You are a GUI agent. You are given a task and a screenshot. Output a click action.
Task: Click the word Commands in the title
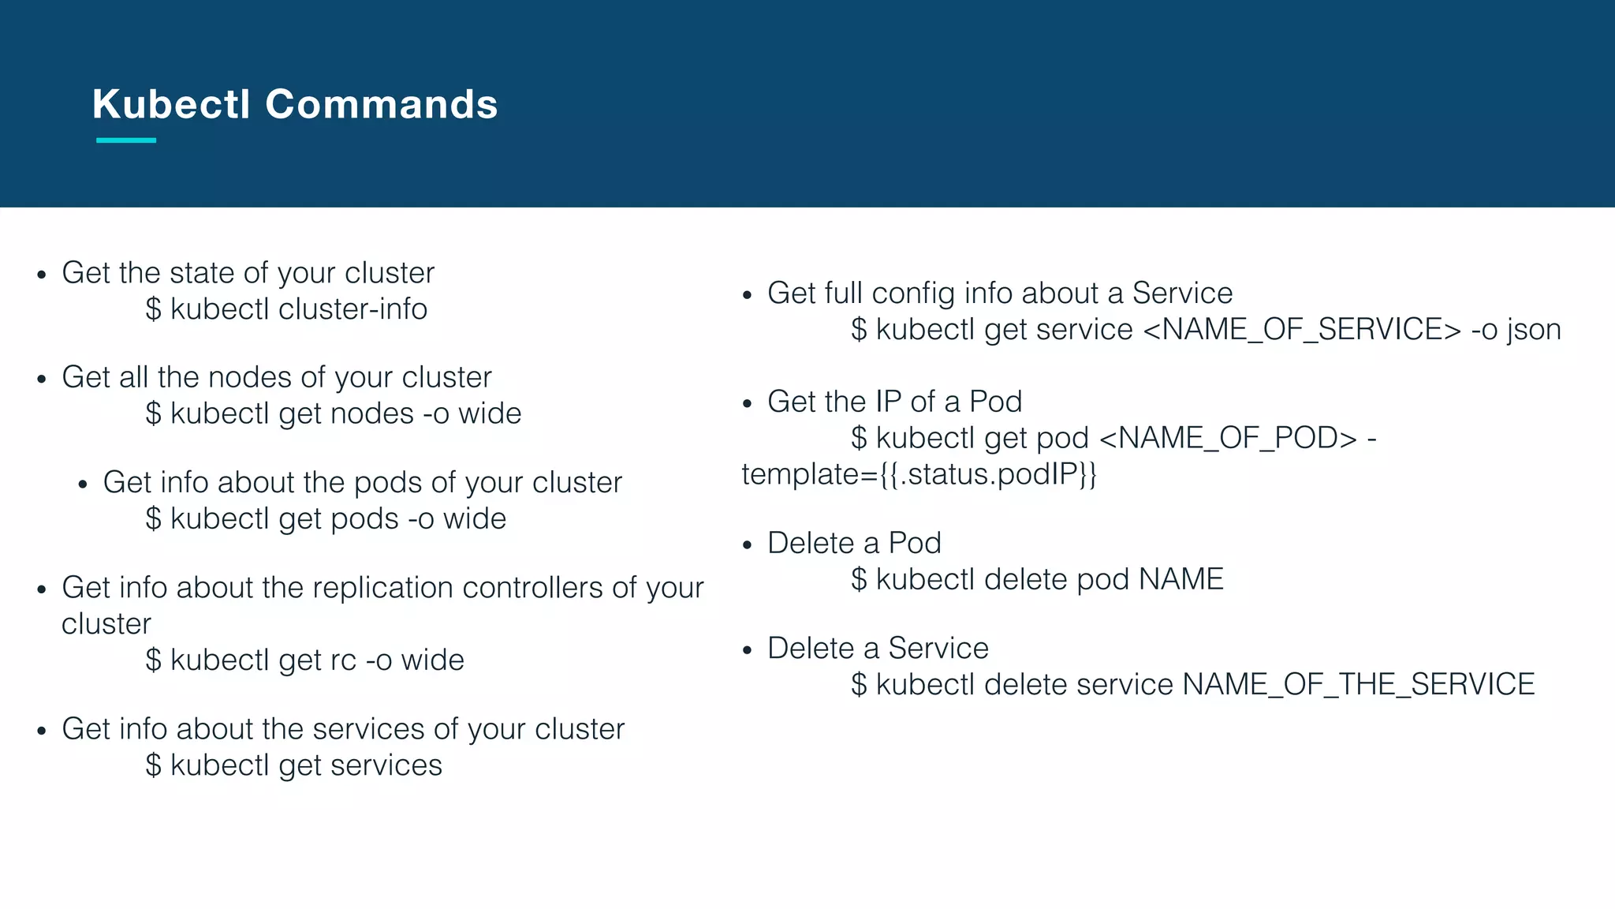pyautogui.click(x=382, y=104)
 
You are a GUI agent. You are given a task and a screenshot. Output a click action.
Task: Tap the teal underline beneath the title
pyautogui.click(x=126, y=140)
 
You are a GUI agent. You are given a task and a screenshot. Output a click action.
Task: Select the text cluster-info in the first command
pyautogui.click(x=352, y=309)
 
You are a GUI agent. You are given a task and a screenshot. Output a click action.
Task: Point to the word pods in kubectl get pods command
pyautogui.click(x=364, y=519)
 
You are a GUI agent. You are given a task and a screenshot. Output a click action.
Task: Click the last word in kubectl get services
pyautogui.click(x=386, y=765)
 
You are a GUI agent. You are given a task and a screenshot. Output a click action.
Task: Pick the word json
pyautogui.click(x=1533, y=330)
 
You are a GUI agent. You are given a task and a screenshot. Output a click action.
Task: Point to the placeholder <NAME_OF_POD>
pyautogui.click(x=1228, y=438)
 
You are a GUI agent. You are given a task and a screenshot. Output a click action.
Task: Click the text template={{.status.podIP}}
pyautogui.click(x=919, y=474)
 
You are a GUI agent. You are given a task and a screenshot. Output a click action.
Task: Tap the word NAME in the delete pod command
pyautogui.click(x=1180, y=580)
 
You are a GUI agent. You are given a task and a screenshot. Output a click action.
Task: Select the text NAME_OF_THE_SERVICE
pyautogui.click(x=1358, y=685)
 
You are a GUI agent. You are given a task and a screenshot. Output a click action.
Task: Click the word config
pyautogui.click(x=913, y=294)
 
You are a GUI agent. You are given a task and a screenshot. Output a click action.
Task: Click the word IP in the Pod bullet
pyautogui.click(x=888, y=402)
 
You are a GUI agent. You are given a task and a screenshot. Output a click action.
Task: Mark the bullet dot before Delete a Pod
pyautogui.click(x=748, y=545)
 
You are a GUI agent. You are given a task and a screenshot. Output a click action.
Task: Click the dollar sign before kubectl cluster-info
pyautogui.click(x=153, y=309)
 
